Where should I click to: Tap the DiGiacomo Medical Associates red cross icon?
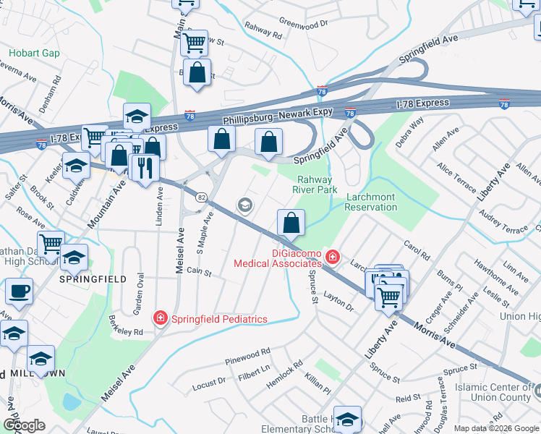coord(332,256)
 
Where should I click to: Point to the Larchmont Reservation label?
coord(372,202)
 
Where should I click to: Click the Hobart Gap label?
coord(34,54)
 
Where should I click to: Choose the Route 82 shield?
coord(201,196)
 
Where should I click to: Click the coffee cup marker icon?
coord(19,292)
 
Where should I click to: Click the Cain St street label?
coord(198,272)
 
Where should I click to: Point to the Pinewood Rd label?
coord(247,356)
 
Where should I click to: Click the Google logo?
coord(23,425)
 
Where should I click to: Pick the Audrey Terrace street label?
coord(503,223)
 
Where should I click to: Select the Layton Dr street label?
coord(338,302)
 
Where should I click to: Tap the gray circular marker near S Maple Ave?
coord(245,206)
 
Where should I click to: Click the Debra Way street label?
coord(410,133)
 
